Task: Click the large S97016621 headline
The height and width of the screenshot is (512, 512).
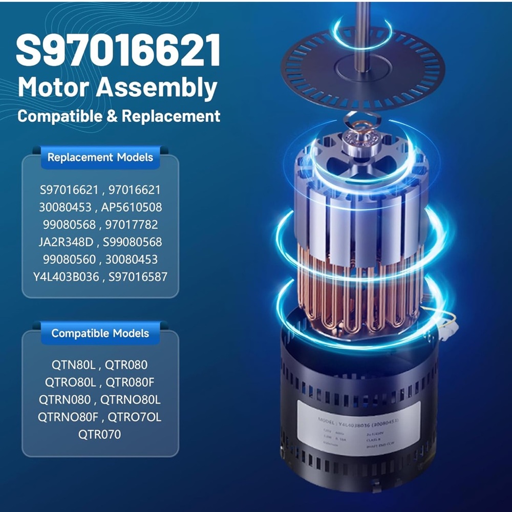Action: (x=118, y=50)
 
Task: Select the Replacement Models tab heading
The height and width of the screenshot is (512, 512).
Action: (x=100, y=157)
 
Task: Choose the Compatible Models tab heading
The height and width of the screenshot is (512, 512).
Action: (x=100, y=333)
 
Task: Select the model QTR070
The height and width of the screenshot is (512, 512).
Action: (x=100, y=435)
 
